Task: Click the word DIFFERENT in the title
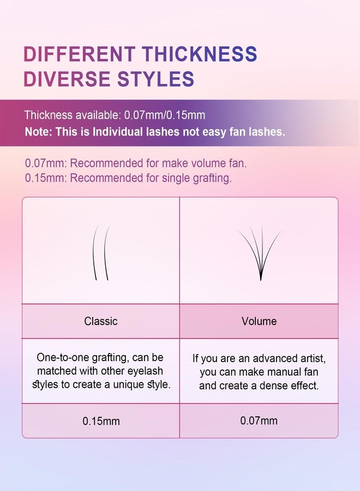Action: pyautogui.click(x=80, y=53)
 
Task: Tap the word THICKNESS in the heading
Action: pyautogui.click(x=200, y=53)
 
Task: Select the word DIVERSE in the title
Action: pyautogui.click(x=67, y=79)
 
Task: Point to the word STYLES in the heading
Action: pyautogui.click(x=155, y=79)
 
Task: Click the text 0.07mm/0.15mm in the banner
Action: pyautogui.click(x=165, y=115)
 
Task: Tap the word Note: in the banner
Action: pyautogui.click(x=39, y=131)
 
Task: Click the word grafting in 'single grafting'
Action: pyautogui.click(x=212, y=178)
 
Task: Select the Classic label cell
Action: pyautogui.click(x=101, y=321)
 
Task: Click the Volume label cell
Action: pyautogui.click(x=259, y=321)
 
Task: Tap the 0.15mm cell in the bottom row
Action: pyautogui.click(x=101, y=421)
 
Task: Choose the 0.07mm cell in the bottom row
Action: pyautogui.click(x=259, y=421)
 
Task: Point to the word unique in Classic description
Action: pyautogui.click(x=129, y=385)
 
